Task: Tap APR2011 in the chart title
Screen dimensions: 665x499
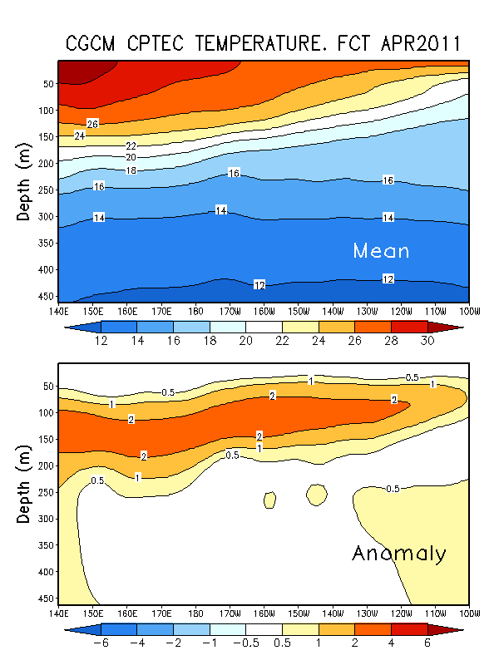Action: pos(418,43)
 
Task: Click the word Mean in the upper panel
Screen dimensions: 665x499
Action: pos(381,250)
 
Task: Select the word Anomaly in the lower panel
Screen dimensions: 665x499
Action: pos(399,554)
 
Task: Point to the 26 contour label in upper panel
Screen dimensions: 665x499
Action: pos(93,124)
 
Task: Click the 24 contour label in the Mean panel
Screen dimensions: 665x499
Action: pos(80,135)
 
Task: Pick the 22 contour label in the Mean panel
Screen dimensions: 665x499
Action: pos(131,146)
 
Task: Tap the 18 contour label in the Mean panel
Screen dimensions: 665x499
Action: pos(131,170)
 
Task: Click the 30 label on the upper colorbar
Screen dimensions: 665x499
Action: pos(427,342)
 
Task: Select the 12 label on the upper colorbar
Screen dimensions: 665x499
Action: pos(102,342)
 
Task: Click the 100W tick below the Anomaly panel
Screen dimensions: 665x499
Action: pos(469,613)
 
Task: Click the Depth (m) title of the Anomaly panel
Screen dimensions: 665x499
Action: pos(24,481)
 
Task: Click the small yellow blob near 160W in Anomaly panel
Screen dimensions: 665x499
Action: pos(269,500)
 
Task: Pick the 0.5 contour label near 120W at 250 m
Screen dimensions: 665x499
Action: pos(393,488)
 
